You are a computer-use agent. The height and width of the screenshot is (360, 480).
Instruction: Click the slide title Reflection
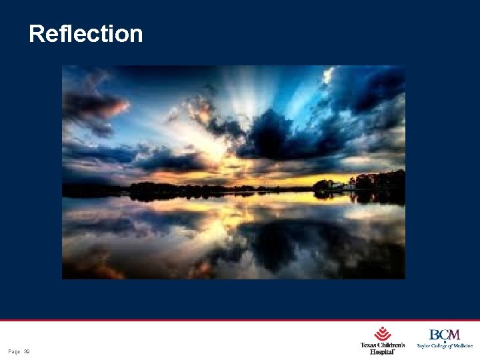(x=86, y=33)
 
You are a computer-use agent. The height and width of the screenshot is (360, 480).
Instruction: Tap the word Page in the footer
(x=14, y=351)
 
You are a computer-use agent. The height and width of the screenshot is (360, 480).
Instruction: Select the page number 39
(x=27, y=351)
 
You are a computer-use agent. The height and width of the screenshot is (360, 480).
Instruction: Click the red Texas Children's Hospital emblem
(x=382, y=333)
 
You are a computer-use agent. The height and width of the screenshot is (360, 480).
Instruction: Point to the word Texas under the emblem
(x=369, y=345)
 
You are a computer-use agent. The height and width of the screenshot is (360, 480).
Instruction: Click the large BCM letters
(x=444, y=335)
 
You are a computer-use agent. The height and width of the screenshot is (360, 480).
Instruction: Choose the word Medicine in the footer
(x=461, y=346)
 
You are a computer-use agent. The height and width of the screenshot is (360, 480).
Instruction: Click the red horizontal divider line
(x=240, y=320)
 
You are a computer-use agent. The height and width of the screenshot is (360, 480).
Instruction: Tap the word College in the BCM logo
(x=441, y=346)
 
